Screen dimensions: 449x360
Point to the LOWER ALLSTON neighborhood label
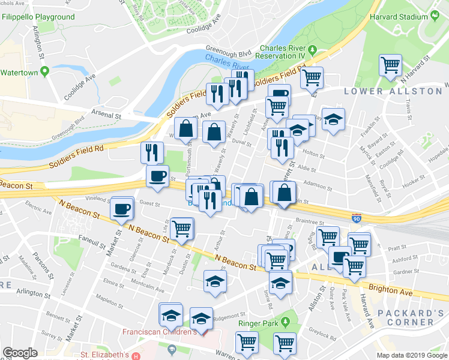393,91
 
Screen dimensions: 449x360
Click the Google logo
20,353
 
